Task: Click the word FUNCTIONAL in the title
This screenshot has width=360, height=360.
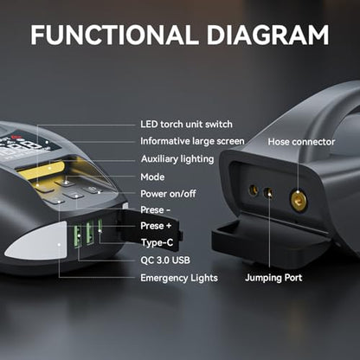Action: coord(114,35)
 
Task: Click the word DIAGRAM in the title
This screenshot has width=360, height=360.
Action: coord(267,35)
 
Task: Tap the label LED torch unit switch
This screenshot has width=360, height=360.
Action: coord(186,125)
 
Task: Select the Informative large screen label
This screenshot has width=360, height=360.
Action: coord(192,141)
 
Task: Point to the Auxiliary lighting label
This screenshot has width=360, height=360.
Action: coord(177,159)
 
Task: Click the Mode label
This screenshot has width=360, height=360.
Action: coord(152,177)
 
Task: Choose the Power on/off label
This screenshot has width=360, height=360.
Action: coord(168,194)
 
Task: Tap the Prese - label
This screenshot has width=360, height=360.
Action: coord(156,210)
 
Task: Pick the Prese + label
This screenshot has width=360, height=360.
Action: coord(156,226)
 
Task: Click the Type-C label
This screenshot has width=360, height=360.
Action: coord(157,242)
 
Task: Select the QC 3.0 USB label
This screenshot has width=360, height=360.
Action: coord(165,260)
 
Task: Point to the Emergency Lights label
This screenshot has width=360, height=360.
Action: coord(179,278)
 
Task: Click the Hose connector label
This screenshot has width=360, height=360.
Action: coord(301,142)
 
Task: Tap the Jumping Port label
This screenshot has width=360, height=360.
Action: coord(273,278)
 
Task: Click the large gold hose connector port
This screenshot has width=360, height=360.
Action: coord(299,200)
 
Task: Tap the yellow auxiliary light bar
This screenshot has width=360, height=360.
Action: coord(42,170)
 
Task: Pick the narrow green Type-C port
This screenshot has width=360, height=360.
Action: coord(100,226)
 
